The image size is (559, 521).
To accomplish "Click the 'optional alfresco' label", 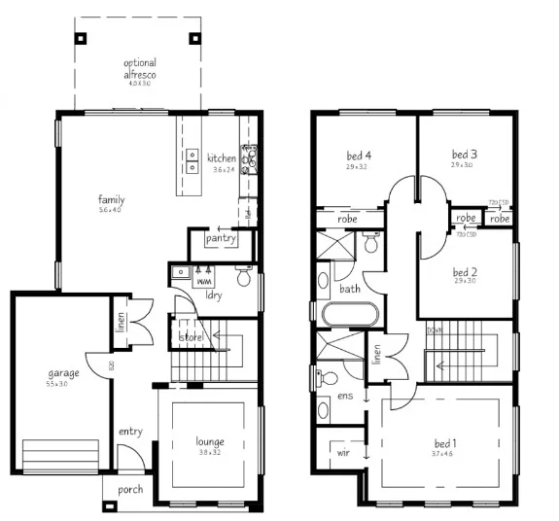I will [x=138, y=68].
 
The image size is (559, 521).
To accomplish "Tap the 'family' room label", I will [x=110, y=200].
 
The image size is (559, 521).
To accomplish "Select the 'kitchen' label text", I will [x=222, y=158].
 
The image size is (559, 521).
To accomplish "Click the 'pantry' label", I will [x=222, y=238].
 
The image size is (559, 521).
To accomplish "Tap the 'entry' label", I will [x=130, y=431].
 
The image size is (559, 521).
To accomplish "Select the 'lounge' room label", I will [x=210, y=442].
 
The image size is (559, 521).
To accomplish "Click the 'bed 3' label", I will [x=464, y=155].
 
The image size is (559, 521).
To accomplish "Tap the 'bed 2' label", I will [x=464, y=271].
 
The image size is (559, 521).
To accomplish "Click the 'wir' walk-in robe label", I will [x=343, y=452].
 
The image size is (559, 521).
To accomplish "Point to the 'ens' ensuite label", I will [x=343, y=396].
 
